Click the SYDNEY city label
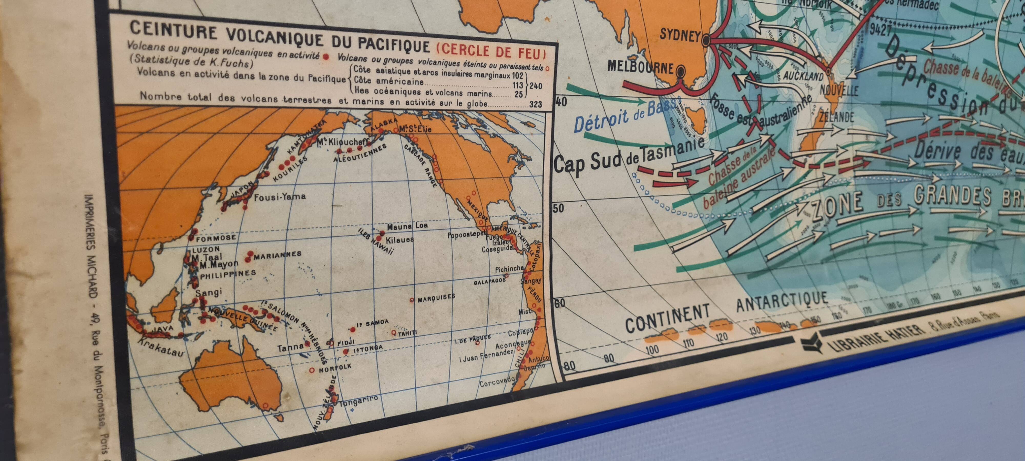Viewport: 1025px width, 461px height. pos(680,35)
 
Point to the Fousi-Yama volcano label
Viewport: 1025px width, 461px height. pos(280,196)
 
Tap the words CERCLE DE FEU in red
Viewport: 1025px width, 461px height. pos(491,51)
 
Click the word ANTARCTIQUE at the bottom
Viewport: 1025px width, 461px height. pos(782,302)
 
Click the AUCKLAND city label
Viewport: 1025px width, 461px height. pos(803,75)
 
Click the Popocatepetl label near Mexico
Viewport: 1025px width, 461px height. pos(467,235)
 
